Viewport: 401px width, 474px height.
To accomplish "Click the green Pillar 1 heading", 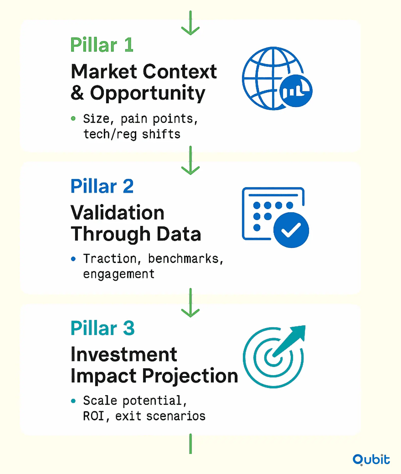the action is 102,45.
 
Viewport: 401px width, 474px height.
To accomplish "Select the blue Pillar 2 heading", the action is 102,186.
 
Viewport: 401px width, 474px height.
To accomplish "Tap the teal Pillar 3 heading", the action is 103,328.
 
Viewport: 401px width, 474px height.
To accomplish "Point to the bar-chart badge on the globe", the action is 296,91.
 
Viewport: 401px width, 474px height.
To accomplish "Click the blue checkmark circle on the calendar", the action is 291,230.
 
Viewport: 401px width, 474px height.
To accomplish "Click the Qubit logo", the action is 371,460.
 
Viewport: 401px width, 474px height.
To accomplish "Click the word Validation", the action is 118,213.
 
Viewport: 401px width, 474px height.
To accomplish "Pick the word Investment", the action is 124,354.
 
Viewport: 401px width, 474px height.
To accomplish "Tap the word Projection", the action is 190,376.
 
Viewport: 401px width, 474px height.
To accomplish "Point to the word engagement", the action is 119,274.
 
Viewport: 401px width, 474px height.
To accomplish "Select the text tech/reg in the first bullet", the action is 110,134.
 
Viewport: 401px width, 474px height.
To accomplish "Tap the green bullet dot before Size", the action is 73,118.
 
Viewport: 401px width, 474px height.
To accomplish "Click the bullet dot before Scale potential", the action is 73,401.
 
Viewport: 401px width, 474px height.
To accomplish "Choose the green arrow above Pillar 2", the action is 190,160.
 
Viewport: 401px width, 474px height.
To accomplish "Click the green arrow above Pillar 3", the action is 190,303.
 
